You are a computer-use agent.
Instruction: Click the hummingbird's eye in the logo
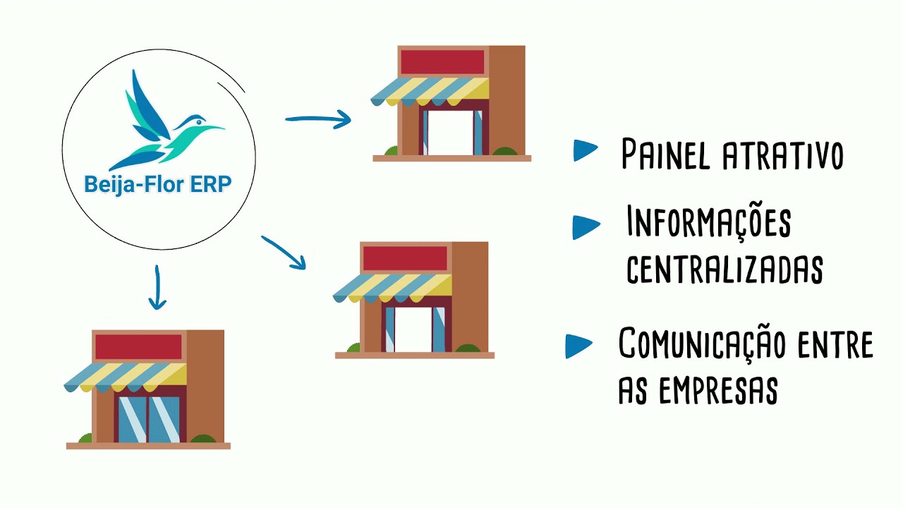point(198,121)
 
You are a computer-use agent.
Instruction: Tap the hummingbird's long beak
point(212,128)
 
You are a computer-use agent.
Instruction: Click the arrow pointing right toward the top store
point(317,119)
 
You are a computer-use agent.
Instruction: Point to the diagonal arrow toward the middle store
point(284,252)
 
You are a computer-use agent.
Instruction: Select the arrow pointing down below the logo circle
point(157,287)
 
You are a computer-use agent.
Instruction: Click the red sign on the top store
point(442,62)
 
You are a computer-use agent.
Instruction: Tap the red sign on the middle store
point(405,258)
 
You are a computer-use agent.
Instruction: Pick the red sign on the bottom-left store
point(139,346)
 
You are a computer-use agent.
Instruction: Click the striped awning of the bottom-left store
point(125,377)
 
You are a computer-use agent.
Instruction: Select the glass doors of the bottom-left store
point(149,419)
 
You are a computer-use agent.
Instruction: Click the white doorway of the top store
point(450,133)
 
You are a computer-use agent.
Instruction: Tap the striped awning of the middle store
point(392,289)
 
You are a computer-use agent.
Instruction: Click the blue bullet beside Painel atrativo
point(586,150)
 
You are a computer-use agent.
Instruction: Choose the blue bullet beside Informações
point(586,227)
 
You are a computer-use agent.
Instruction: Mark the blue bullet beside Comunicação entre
point(578,346)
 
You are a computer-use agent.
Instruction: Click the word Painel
point(665,155)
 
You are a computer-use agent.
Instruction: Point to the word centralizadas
point(725,269)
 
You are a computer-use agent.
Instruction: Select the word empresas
point(718,390)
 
